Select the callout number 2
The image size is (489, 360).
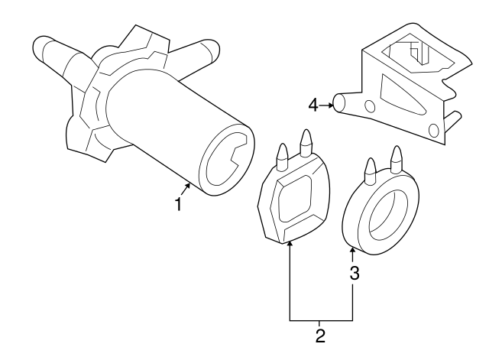pos(319,334)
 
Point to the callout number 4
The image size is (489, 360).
pos(313,104)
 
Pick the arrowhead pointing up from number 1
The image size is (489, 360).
pos(188,184)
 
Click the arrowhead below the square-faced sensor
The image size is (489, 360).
pos(290,244)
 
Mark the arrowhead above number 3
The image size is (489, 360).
pos(353,249)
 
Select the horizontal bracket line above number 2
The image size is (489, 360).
pos(321,319)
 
